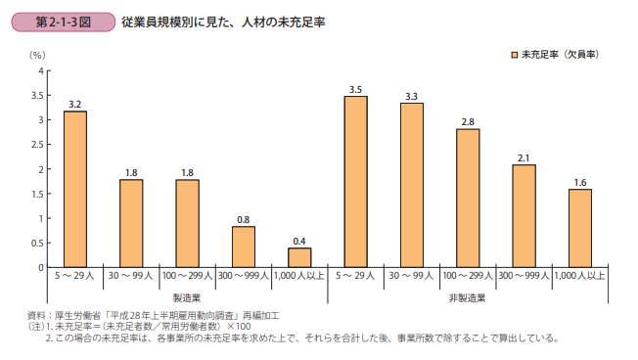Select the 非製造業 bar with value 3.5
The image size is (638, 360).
pos(355,181)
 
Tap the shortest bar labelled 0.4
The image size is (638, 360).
pos(299,257)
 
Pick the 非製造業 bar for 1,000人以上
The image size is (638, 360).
pos(579,228)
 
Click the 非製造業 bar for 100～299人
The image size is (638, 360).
pos(468,199)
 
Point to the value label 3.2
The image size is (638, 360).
pos(75,104)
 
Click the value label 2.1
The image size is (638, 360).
pos(524,157)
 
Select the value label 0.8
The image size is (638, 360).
pos(244,219)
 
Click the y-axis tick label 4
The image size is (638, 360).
pos(40,71)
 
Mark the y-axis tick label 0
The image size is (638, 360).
pos(40,267)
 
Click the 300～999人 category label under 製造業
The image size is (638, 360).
pos(244,277)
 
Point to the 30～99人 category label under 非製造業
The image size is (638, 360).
pos(411,277)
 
